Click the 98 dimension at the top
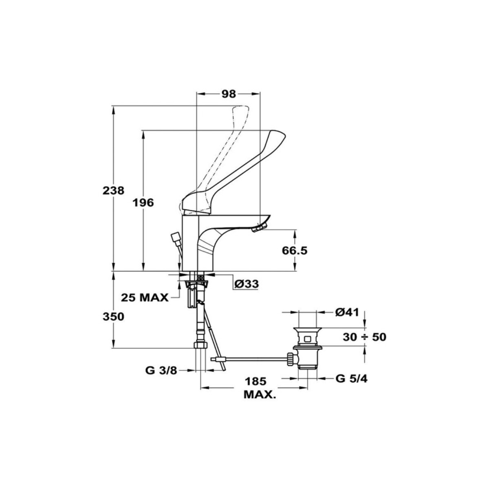pyautogui.click(x=229, y=94)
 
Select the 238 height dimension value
pyautogui.click(x=113, y=191)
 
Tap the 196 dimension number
pyautogui.click(x=143, y=203)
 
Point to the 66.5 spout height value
pyautogui.click(x=295, y=251)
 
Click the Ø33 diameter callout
pyautogui.click(x=247, y=284)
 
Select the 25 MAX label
pyautogui.click(x=145, y=297)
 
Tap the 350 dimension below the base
pyautogui.click(x=113, y=317)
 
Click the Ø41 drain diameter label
pyautogui.click(x=347, y=312)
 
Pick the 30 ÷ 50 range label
pyautogui.click(x=364, y=337)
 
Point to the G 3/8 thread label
pyautogui.click(x=161, y=371)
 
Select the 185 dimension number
pyautogui.click(x=256, y=388)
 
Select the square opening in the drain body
pyautogui.click(x=307, y=339)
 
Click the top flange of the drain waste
pyautogui.click(x=307, y=330)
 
